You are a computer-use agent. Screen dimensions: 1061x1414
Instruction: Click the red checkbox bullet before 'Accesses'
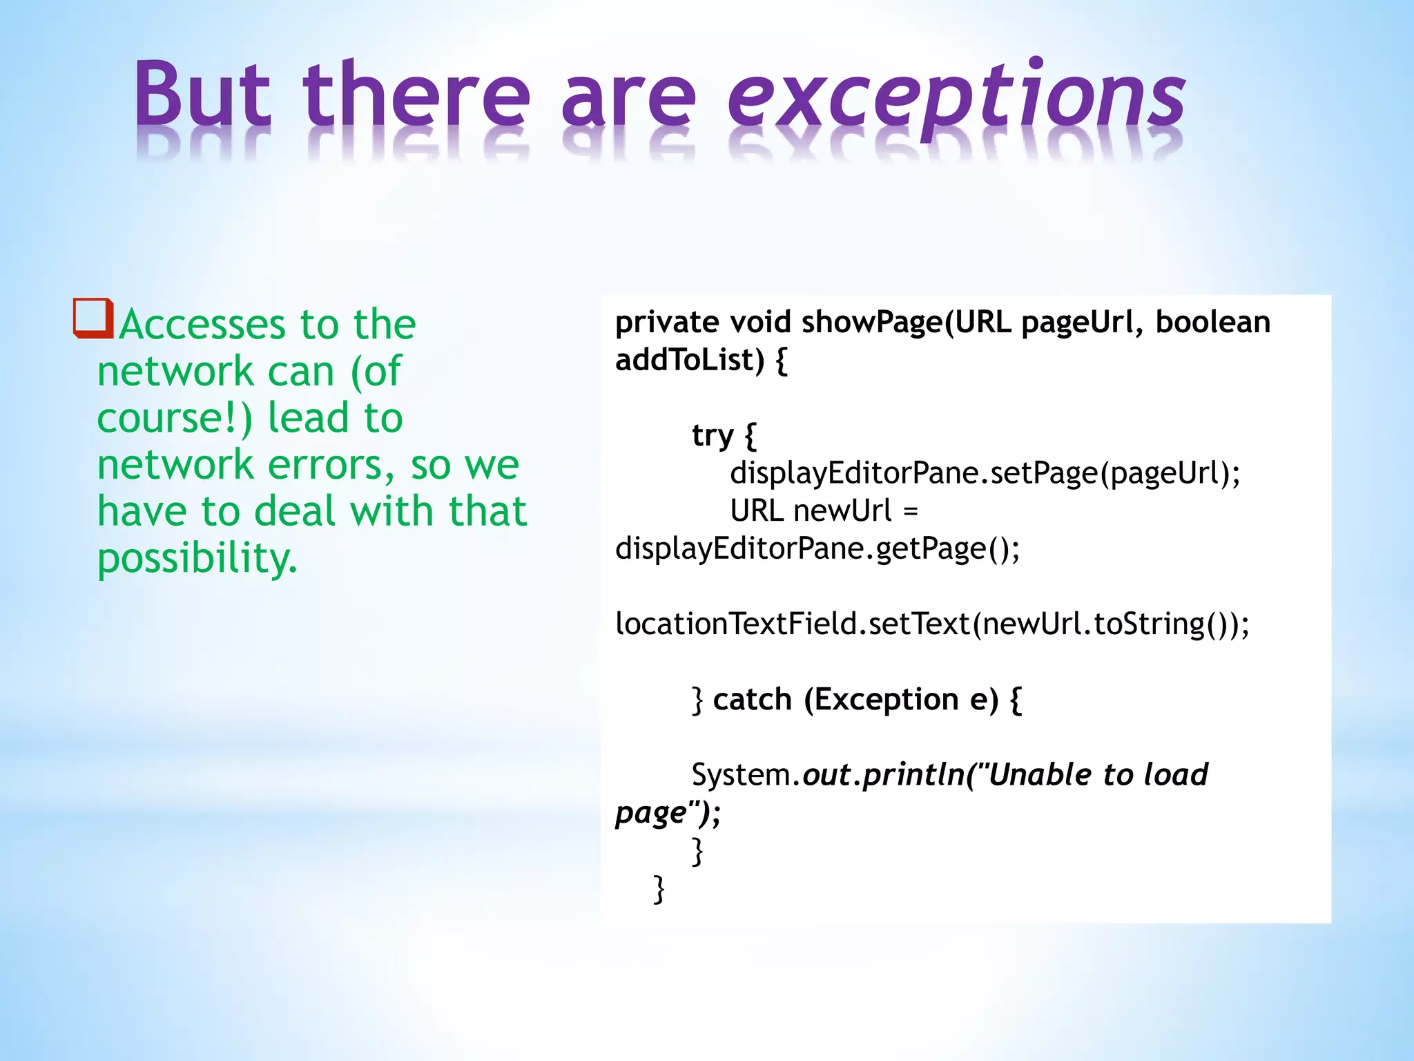pos(93,318)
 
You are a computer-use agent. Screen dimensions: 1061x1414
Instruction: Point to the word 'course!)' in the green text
pos(175,419)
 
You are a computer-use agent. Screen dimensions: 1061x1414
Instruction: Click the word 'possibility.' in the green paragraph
pos(197,558)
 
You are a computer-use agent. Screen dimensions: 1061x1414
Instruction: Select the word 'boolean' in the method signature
pos(1212,323)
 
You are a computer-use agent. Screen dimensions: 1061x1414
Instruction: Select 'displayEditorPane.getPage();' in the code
pos(817,549)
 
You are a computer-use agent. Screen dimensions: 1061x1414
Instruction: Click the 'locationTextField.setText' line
pos(932,624)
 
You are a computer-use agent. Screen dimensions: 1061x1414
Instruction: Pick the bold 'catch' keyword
pos(752,700)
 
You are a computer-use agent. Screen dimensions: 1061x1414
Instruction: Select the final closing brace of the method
pos(659,889)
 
